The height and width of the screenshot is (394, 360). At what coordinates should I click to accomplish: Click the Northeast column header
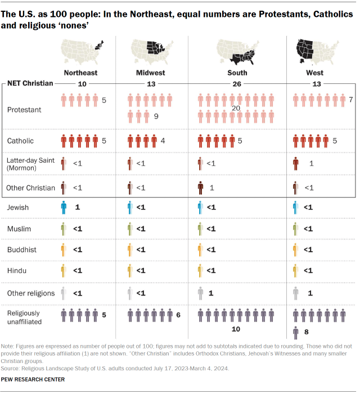point(80,73)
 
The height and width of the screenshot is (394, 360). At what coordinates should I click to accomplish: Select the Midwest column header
point(150,73)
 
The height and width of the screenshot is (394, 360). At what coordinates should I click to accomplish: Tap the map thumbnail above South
point(237,53)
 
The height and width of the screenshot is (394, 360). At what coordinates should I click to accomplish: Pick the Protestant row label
point(24,110)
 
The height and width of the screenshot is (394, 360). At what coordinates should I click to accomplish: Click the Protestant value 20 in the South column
point(237,108)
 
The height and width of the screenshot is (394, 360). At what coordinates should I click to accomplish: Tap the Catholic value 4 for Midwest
point(162,140)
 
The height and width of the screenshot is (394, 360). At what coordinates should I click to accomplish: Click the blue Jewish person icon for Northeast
point(64,208)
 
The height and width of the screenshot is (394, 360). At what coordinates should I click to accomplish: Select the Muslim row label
point(19,229)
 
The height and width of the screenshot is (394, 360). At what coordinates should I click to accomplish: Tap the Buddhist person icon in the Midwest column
point(130,250)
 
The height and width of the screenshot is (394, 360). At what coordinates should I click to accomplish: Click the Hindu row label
point(16,271)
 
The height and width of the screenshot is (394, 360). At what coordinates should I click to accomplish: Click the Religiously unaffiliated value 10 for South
point(237,328)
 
